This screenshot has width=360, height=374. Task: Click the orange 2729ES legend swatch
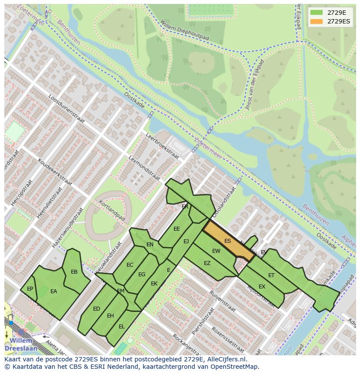coord(317,21)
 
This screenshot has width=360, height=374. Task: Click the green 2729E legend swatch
coord(317,13)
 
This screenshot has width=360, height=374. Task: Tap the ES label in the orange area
coord(227,241)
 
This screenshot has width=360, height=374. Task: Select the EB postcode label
coord(74,272)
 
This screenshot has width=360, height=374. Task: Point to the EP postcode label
coord(30,289)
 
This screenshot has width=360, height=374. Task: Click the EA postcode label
coord(53,291)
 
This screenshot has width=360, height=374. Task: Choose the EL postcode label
coord(121,326)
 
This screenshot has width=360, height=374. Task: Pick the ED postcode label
coord(97,309)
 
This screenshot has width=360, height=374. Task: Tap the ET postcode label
coord(271,275)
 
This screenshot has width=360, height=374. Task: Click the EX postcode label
coord(262,287)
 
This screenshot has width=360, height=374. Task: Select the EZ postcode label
coord(207,263)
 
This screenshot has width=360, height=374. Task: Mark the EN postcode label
coord(150,245)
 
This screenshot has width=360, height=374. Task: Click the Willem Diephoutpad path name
coord(184,30)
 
